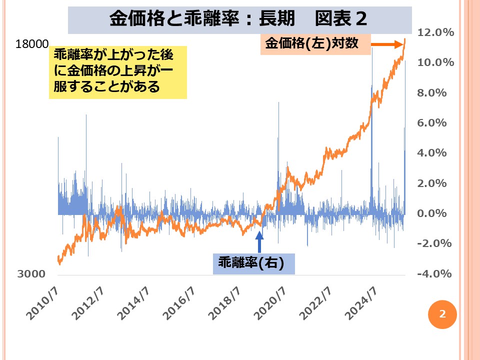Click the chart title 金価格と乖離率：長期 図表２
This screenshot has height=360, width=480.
click(238, 19)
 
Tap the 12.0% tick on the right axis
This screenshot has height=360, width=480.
click(434, 32)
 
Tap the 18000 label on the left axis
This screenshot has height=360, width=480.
click(32, 44)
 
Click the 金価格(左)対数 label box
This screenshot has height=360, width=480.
click(315, 44)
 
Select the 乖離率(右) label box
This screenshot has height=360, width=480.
click(253, 263)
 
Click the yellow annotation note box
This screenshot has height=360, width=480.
click(117, 73)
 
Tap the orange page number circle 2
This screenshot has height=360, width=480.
click(442, 314)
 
